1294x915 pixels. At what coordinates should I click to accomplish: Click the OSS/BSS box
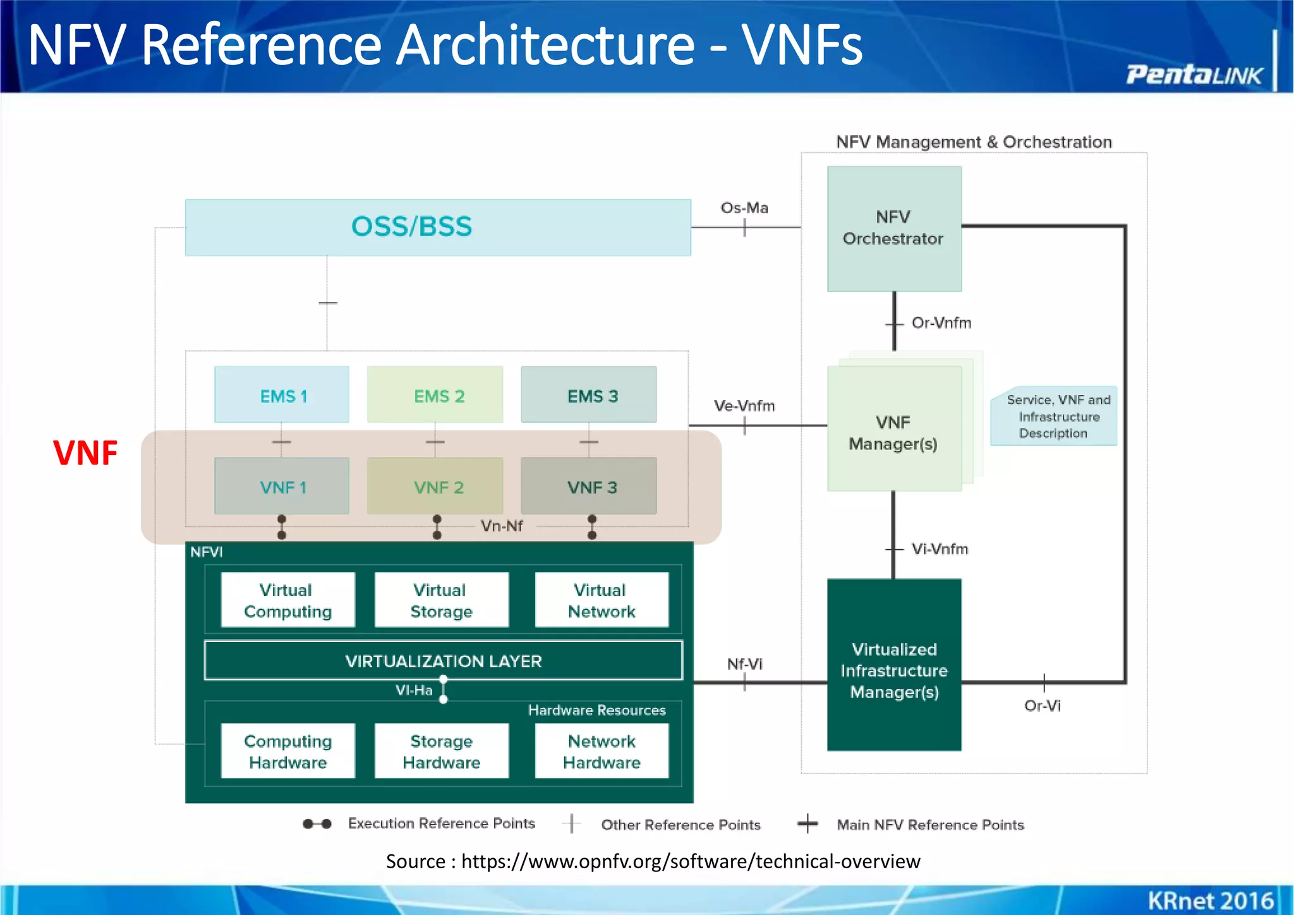point(437,227)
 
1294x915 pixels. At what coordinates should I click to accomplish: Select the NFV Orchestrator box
point(894,228)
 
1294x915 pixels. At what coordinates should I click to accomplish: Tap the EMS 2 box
point(435,396)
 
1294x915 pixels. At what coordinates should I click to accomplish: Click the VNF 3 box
point(589,487)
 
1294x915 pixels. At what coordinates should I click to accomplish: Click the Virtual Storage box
point(441,600)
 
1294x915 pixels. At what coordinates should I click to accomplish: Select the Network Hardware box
point(602,751)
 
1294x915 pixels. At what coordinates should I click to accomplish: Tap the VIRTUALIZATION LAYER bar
point(443,661)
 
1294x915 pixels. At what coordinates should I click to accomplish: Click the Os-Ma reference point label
point(744,208)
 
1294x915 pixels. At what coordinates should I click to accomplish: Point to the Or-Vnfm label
point(941,323)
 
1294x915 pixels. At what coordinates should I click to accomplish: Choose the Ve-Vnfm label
point(744,406)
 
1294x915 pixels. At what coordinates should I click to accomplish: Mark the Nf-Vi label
point(744,664)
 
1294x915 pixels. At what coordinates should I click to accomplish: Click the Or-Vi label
point(1042,706)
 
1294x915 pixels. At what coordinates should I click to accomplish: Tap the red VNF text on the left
point(85,453)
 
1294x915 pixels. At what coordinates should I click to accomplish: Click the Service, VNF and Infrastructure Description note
point(1055,416)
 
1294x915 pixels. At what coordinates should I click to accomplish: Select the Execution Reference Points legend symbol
point(317,824)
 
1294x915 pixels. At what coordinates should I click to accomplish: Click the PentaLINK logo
point(1194,75)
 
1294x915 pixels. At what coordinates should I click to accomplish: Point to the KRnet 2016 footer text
point(1210,900)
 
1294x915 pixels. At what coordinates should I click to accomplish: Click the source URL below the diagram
point(690,861)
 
